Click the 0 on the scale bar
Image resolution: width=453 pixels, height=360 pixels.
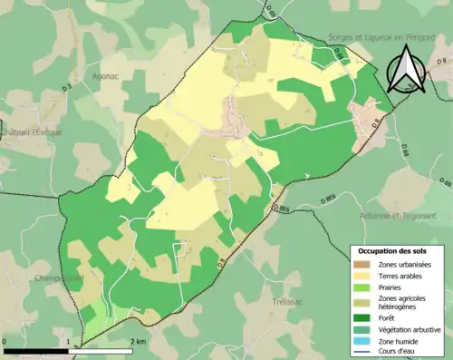pyautogui.click(x=5, y=341)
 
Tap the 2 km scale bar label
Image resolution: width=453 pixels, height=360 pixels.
pyautogui.click(x=138, y=341)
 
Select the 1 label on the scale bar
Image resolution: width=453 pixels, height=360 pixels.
pyautogui.click(x=69, y=341)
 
